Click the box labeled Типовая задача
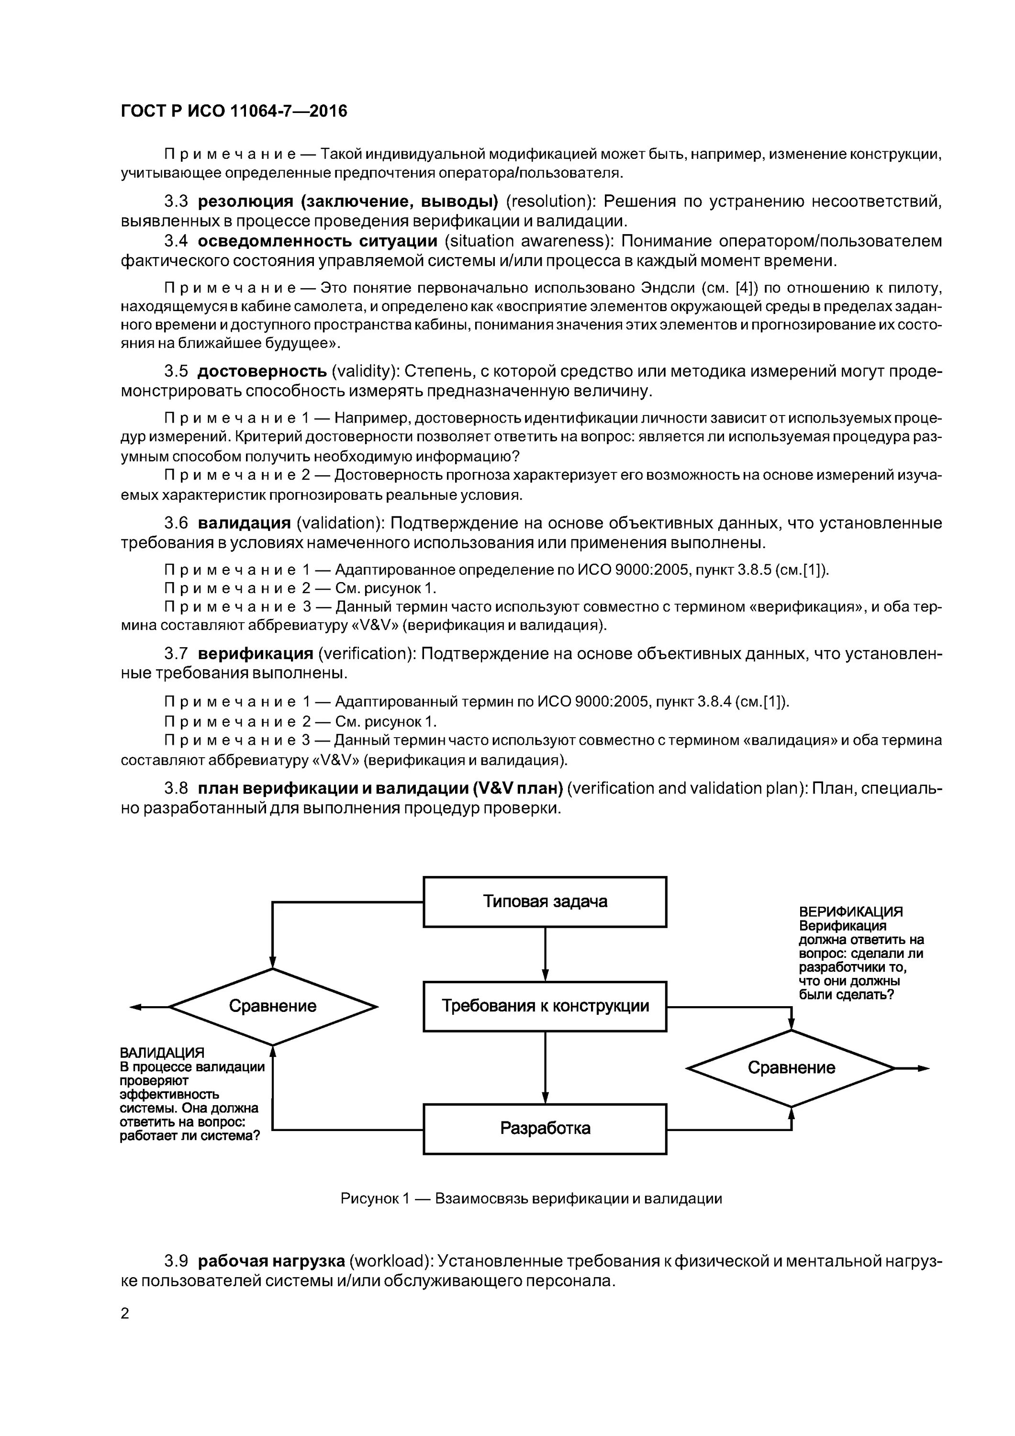(x=545, y=901)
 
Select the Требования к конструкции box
(x=545, y=1006)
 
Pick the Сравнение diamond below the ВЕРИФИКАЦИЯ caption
(x=791, y=1067)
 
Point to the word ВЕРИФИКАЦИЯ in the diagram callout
(x=850, y=912)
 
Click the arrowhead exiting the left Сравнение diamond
(x=137, y=1007)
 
